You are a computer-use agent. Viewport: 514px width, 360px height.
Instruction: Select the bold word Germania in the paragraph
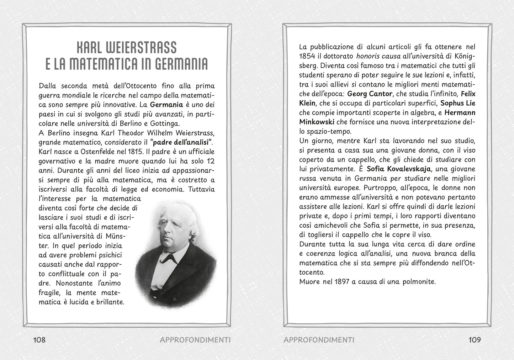coord(166,105)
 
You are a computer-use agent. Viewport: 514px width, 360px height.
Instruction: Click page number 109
coord(475,340)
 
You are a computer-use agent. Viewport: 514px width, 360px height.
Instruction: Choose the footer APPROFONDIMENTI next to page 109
coord(319,340)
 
